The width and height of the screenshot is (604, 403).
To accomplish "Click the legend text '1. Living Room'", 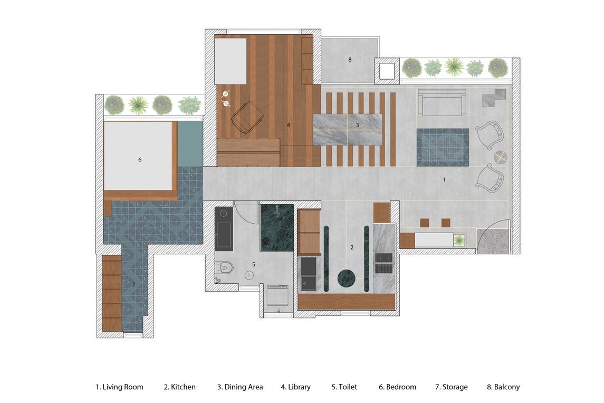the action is [119, 387].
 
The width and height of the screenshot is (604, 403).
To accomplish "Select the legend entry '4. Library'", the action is [295, 387].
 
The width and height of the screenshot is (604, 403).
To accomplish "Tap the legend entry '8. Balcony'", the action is [503, 387].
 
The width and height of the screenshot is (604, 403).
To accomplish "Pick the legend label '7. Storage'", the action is [452, 387].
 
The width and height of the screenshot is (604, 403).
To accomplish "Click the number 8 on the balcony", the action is [350, 60].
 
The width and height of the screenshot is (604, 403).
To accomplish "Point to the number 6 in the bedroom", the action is [140, 159].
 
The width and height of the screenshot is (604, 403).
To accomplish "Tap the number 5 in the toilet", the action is [253, 264].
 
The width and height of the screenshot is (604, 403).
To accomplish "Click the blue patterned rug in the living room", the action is [443, 147].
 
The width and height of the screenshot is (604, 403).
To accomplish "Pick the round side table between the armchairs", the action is [501, 157].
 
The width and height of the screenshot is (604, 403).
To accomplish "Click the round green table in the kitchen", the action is [346, 278].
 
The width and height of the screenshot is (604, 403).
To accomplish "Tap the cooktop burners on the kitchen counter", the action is [384, 262].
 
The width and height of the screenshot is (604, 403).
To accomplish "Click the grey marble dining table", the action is [348, 129].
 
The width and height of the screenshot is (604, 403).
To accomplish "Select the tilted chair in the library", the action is [247, 117].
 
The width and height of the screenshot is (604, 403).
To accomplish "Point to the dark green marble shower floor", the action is [277, 228].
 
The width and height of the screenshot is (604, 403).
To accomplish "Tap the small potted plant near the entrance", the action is [459, 241].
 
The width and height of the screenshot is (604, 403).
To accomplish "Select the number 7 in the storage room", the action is [133, 285].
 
